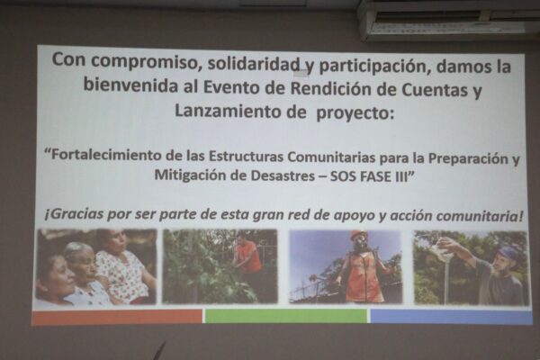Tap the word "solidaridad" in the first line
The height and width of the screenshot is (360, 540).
[x=254, y=65]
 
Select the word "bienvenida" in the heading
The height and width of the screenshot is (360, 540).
[x=130, y=85]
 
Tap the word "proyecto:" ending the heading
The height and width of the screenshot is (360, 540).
[x=355, y=113]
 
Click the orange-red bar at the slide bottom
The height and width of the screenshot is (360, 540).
[x=117, y=317]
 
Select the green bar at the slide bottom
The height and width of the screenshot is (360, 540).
[x=286, y=316]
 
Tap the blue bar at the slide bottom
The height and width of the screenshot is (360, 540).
[x=451, y=317]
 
